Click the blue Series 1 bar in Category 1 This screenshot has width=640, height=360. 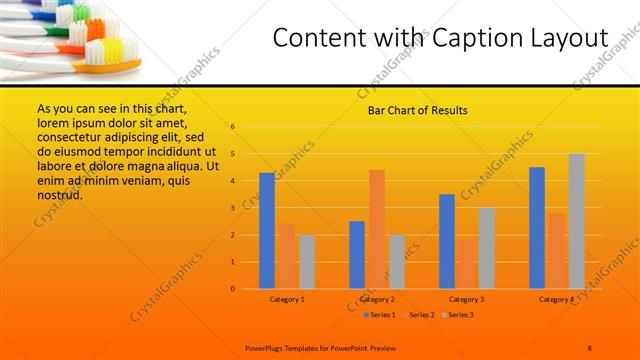point(267,231)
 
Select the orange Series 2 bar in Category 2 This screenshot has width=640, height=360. point(377,229)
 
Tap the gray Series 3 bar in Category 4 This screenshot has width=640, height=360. point(577,221)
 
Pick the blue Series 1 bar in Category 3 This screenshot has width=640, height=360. point(447,241)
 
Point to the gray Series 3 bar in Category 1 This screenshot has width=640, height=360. point(307,262)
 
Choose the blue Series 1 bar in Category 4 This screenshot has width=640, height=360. point(537,228)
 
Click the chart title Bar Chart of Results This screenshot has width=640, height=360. point(418,109)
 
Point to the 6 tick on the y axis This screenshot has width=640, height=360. point(232,127)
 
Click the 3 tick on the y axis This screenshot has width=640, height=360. point(232,208)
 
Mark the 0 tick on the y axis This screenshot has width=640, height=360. point(232,289)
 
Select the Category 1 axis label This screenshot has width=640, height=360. point(287,299)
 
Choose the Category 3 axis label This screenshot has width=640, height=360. point(467,299)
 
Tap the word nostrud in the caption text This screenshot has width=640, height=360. point(59,195)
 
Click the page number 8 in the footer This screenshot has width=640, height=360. point(590,346)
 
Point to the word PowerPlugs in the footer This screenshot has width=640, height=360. point(268,346)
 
